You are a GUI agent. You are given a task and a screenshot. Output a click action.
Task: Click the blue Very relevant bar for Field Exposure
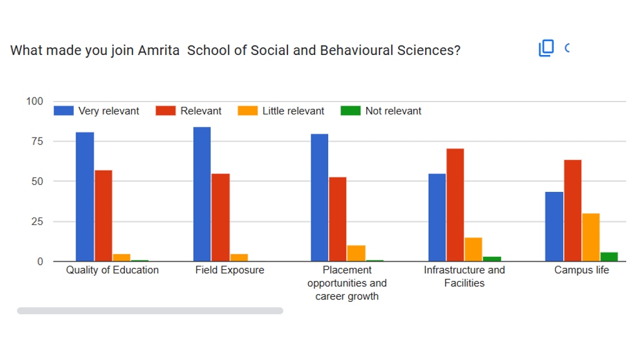(202, 194)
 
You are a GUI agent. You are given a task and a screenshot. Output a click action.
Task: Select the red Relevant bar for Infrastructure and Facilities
(455, 204)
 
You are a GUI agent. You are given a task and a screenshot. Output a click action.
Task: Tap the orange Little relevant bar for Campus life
(591, 237)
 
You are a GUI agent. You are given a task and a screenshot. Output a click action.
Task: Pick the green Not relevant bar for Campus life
(609, 256)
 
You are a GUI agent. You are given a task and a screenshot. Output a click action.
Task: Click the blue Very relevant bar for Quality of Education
(84, 196)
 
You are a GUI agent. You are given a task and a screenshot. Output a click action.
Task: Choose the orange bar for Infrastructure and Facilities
(473, 249)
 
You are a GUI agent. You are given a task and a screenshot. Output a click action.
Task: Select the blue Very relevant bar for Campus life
(554, 226)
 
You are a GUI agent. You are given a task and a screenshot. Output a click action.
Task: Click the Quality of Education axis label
(112, 270)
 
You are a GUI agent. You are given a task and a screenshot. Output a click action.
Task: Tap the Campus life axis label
(581, 270)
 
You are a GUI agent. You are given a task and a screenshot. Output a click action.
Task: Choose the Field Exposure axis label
(230, 270)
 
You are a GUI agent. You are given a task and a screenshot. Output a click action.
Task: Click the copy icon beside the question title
(546, 48)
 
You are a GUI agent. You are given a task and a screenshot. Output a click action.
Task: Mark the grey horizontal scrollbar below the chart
(150, 311)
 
